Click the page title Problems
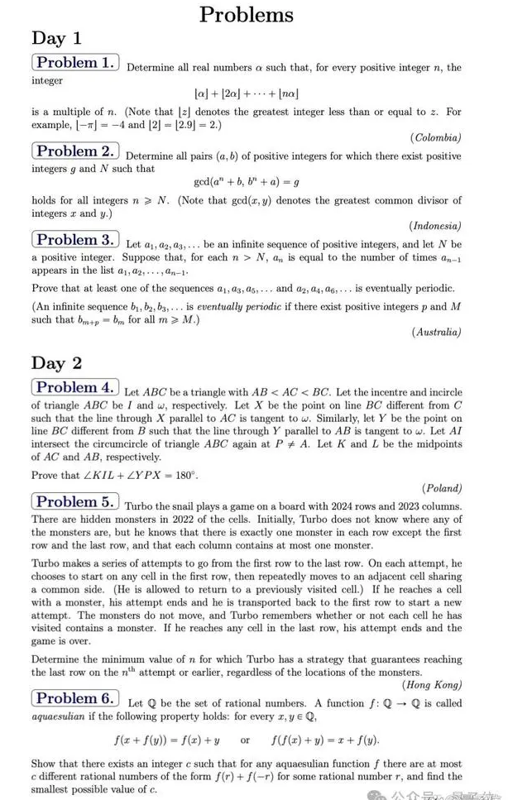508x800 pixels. click(x=247, y=14)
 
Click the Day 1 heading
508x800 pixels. click(x=56, y=37)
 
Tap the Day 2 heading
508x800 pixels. click(x=56, y=362)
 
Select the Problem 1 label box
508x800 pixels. click(x=75, y=63)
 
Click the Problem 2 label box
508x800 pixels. click(x=75, y=151)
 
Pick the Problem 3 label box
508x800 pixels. click(x=75, y=240)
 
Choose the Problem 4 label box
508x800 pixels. click(x=75, y=387)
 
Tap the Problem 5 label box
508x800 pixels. click(x=75, y=501)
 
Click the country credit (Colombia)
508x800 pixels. click(x=436, y=137)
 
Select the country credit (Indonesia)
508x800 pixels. click(x=435, y=226)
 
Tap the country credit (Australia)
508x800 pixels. click(x=436, y=332)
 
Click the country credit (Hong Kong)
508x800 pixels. click(x=432, y=684)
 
